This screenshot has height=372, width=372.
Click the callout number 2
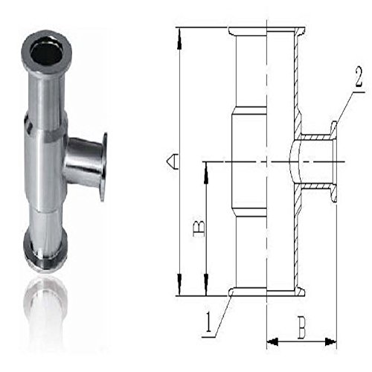tap(359, 77)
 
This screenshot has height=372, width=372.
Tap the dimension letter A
tap(173, 161)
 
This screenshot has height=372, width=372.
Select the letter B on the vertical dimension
tap(199, 228)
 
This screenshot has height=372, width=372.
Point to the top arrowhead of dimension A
tap(179, 39)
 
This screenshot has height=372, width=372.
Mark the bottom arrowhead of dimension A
tap(179, 284)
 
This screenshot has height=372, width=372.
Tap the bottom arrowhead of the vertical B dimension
tap(206, 284)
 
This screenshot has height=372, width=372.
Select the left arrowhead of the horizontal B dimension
tap(273, 341)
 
